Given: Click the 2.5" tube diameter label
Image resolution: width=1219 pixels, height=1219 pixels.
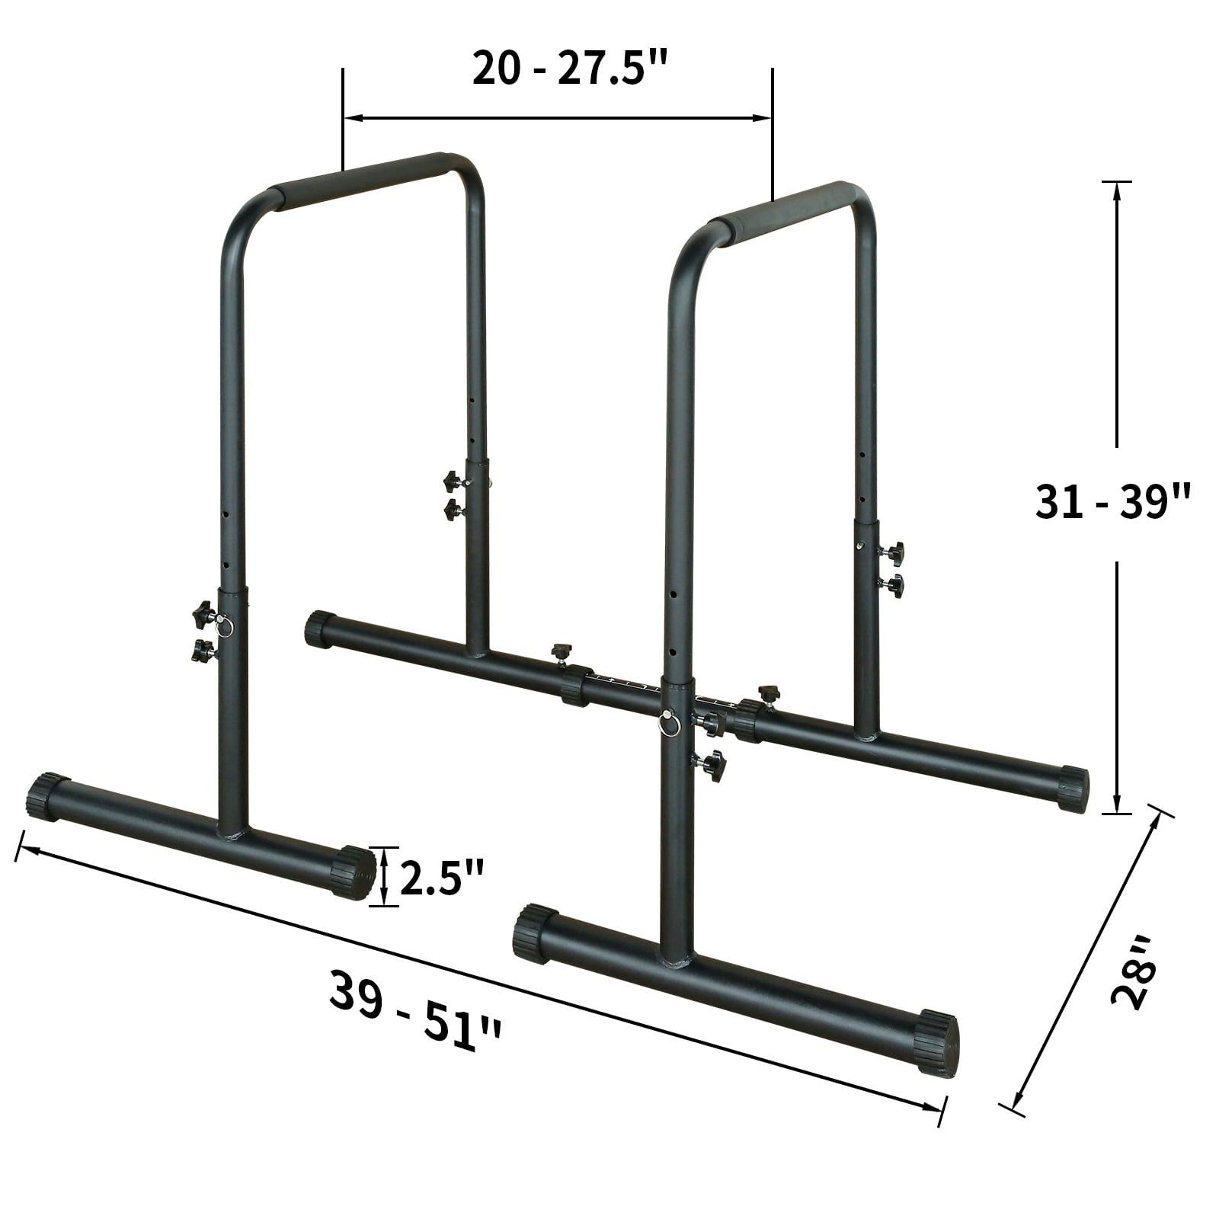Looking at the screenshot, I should coord(442,878).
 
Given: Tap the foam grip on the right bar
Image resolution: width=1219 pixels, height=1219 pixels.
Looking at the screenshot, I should coord(785,210).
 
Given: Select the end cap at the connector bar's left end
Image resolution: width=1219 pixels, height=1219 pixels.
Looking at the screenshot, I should coord(319,629).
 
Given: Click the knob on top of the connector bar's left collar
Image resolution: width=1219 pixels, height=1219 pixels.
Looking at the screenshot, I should coord(562,651).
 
